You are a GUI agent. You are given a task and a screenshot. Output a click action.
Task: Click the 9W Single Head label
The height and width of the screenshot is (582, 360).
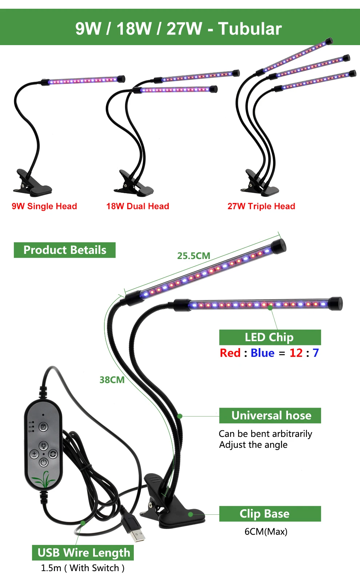44,206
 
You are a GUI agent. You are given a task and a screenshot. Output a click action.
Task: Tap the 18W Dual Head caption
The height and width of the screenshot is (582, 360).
137,206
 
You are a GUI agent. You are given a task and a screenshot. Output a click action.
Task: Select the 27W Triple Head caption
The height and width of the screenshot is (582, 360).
261,206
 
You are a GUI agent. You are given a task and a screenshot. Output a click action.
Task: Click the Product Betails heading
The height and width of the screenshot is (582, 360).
65,250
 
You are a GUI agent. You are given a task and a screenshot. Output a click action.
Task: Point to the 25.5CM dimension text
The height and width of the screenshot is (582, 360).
193,256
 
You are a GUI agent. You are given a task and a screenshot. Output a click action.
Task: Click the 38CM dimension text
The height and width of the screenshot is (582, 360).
112,380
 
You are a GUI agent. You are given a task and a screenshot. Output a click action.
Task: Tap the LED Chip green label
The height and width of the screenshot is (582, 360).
269,337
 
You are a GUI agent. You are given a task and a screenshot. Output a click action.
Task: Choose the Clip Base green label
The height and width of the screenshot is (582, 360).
265,514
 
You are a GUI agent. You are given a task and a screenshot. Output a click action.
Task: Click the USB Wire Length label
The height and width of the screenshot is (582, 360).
83,553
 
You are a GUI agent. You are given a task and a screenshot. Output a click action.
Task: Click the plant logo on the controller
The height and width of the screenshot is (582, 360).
44,479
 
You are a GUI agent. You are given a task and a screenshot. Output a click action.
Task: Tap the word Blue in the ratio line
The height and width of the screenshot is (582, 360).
262,353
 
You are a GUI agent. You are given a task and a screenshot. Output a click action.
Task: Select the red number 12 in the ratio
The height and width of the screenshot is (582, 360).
296,353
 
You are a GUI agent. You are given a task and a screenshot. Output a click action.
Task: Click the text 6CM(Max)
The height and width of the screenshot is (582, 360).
266,532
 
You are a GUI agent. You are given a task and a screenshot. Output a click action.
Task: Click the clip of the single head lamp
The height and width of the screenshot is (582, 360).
32,183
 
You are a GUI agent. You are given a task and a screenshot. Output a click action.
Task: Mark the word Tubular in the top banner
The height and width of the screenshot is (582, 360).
250,29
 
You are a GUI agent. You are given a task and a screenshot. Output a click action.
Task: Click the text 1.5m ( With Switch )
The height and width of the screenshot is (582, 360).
83,568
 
